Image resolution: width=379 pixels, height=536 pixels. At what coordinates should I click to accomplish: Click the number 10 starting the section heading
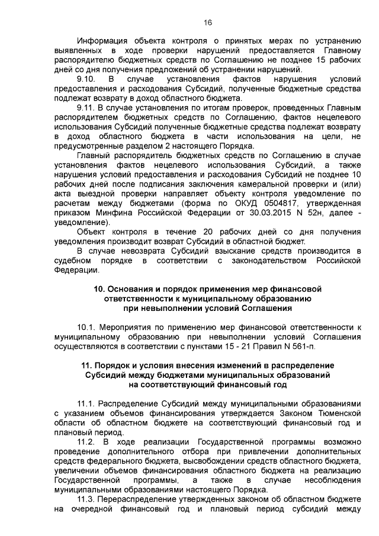click(x=99, y=288)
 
